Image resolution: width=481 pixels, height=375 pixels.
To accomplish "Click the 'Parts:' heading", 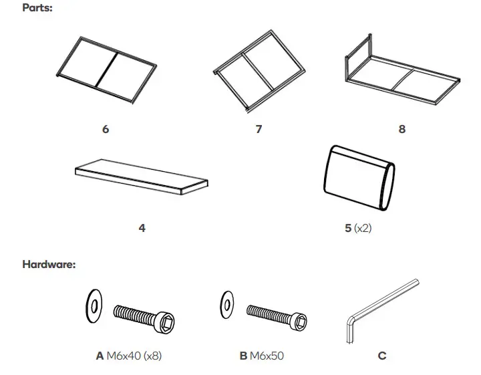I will click(37, 9).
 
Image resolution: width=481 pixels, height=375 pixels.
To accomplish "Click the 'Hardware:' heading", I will click(49, 264).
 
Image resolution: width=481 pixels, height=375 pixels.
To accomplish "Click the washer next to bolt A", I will click(94, 307).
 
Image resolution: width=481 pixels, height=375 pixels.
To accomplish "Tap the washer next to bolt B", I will click(227, 305).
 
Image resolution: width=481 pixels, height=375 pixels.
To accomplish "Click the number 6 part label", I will click(106, 129).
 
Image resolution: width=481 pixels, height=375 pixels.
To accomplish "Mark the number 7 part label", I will click(259, 129).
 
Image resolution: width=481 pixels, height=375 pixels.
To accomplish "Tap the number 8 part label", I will click(402, 129).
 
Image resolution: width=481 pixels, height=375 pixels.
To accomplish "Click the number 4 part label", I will click(142, 228).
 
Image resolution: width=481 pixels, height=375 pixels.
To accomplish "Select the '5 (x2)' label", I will click(357, 228).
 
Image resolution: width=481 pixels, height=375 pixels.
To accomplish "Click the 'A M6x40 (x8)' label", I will click(129, 356).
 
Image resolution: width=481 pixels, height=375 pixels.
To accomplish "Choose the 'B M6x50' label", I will click(261, 356).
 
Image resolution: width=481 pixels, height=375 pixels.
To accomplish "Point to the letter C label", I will click(382, 356).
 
